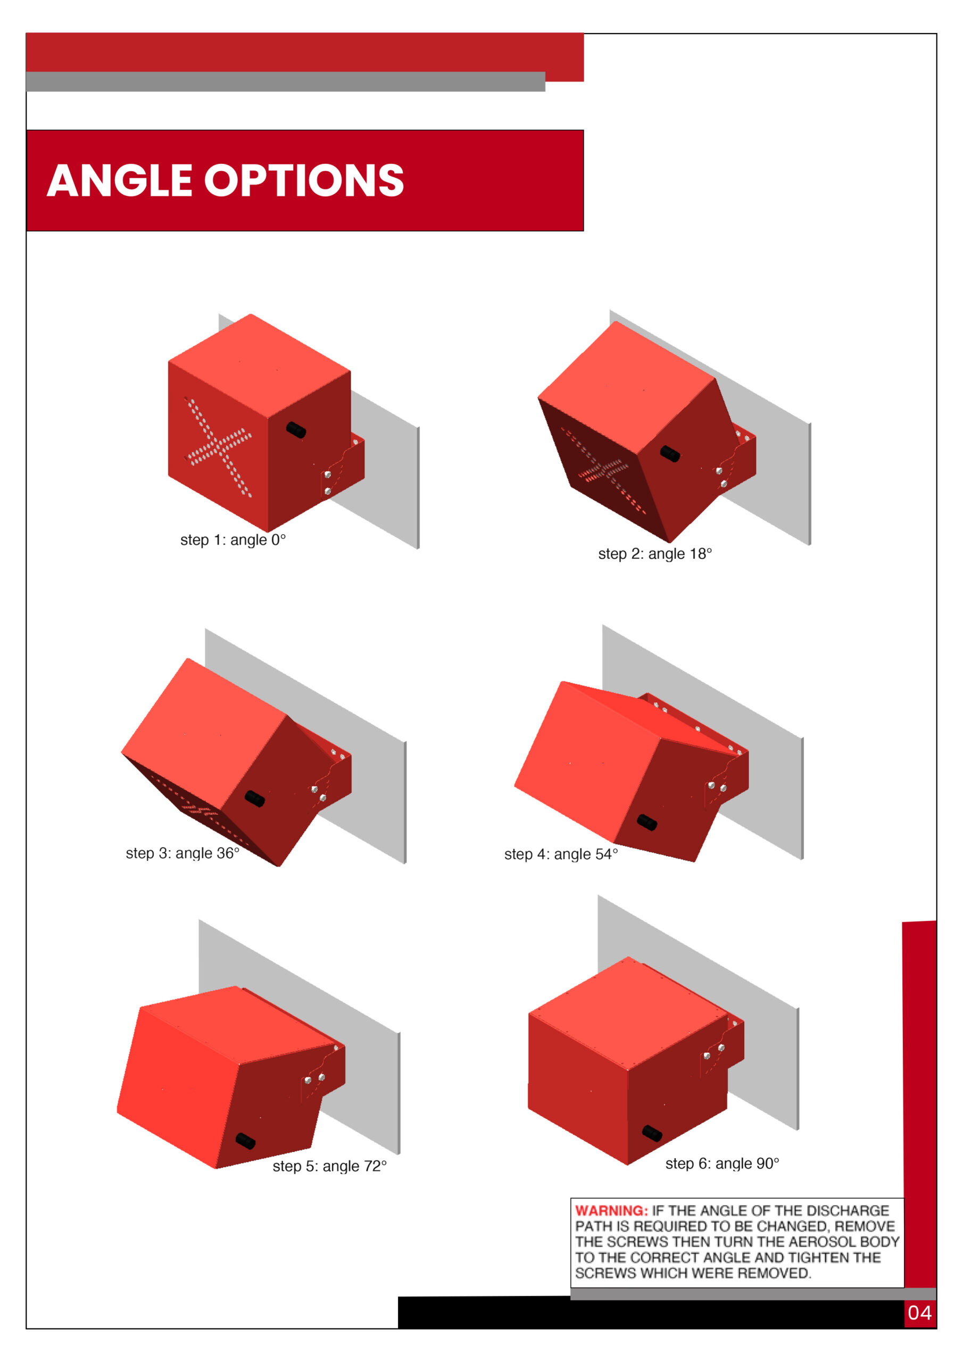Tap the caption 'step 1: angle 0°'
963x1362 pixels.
pyautogui.click(x=233, y=540)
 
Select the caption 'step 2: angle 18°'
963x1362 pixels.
pyautogui.click(x=655, y=554)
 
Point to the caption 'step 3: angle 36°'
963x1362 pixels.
pyautogui.click(x=182, y=853)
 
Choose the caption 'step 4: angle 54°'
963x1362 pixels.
pyautogui.click(x=561, y=854)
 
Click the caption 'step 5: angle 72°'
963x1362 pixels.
pyautogui.click(x=330, y=1166)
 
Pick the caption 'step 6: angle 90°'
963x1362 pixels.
pyautogui.click(x=722, y=1163)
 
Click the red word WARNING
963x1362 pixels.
pyautogui.click(x=611, y=1211)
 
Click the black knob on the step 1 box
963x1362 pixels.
pyautogui.click(x=296, y=429)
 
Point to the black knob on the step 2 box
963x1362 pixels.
pyautogui.click(x=670, y=454)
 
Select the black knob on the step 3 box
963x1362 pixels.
pyautogui.click(x=255, y=799)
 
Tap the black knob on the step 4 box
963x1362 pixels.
pyautogui.click(x=647, y=822)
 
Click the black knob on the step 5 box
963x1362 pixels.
pyautogui.click(x=246, y=1140)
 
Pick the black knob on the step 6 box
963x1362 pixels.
pyautogui.click(x=652, y=1133)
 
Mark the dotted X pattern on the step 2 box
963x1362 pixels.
pyautogui.click(x=603, y=470)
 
